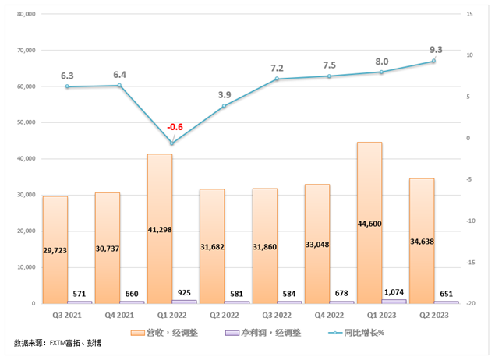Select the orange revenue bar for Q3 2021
(x=55, y=249)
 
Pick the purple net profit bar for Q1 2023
(x=394, y=301)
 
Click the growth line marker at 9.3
(x=433, y=61)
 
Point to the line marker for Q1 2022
(x=171, y=143)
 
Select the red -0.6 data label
(x=176, y=127)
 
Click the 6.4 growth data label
(x=119, y=75)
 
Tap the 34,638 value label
(x=422, y=241)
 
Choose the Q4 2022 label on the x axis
(x=329, y=316)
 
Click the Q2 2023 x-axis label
(x=433, y=316)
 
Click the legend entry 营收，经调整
(x=171, y=333)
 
